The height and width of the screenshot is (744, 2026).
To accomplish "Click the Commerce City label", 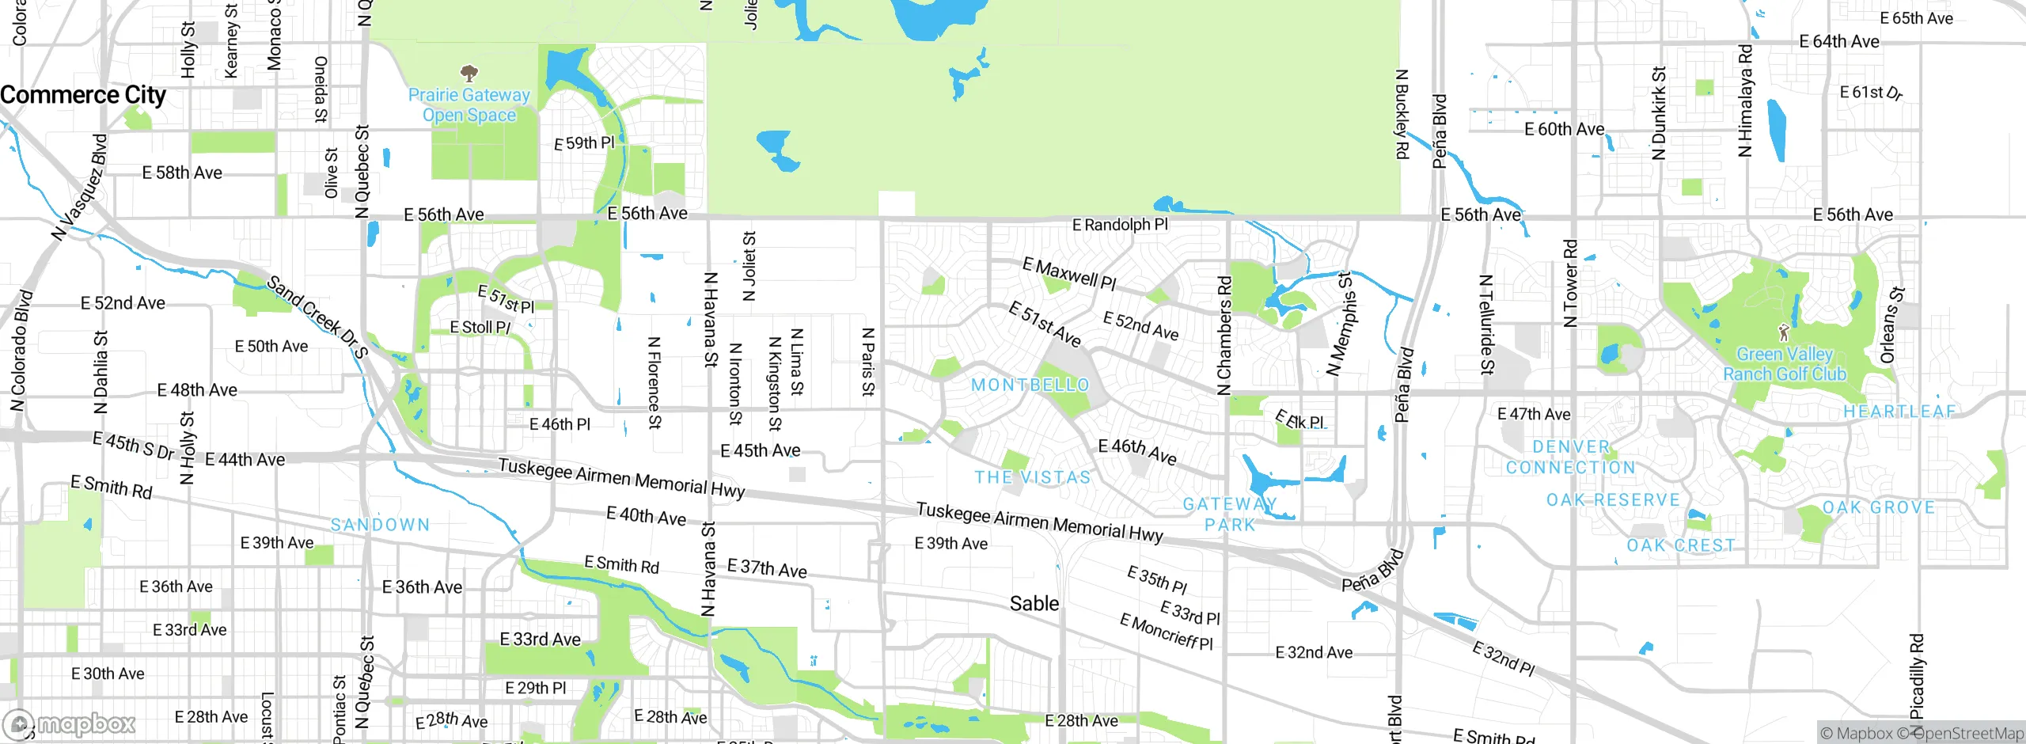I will pyautogui.click(x=83, y=95).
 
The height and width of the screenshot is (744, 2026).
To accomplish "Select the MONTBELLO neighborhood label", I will pyautogui.click(x=1030, y=385).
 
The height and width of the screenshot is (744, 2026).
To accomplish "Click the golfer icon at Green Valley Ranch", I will pyautogui.click(x=1784, y=332).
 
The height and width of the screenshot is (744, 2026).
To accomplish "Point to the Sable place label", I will pyautogui.click(x=1034, y=604).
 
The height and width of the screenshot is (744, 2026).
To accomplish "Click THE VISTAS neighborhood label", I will pyautogui.click(x=1032, y=477).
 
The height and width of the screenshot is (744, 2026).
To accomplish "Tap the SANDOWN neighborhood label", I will pyautogui.click(x=380, y=525).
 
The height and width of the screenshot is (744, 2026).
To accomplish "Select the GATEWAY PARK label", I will pyautogui.click(x=1230, y=514).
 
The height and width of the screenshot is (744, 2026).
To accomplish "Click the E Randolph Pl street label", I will pyautogui.click(x=1119, y=225).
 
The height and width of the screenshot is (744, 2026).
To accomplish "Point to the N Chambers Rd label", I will pyautogui.click(x=1224, y=336).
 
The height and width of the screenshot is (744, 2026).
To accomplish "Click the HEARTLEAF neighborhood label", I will pyautogui.click(x=1899, y=412).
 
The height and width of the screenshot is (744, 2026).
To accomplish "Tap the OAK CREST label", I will pyautogui.click(x=1680, y=545).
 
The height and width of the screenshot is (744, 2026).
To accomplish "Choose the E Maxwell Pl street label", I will pyautogui.click(x=1069, y=274).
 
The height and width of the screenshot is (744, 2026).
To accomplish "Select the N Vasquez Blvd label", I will pyautogui.click(x=79, y=188).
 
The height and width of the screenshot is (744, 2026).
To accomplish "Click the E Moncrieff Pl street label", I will pyautogui.click(x=1166, y=632).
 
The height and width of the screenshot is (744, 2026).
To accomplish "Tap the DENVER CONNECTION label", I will pyautogui.click(x=1570, y=457).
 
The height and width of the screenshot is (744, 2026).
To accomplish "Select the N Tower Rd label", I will pyautogui.click(x=1570, y=283).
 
